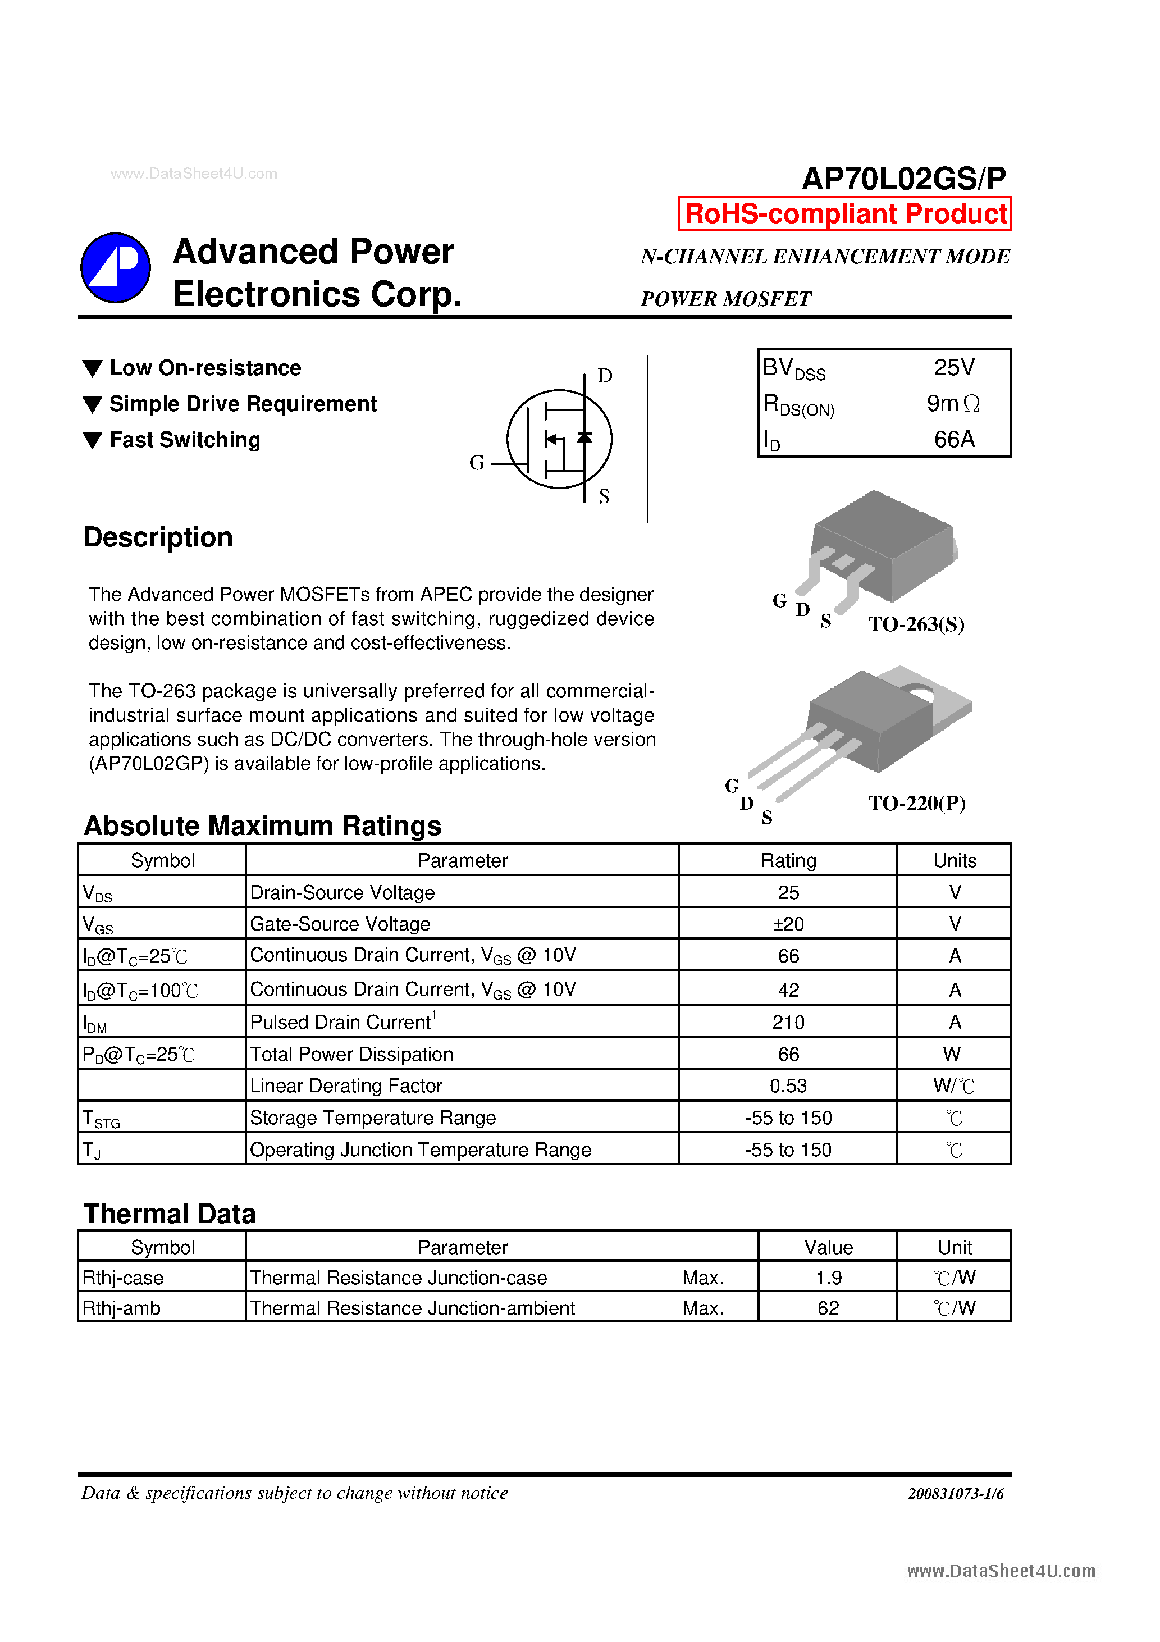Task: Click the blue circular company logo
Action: tap(115, 267)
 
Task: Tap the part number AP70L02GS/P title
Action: tap(903, 178)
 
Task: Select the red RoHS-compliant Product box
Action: tap(844, 214)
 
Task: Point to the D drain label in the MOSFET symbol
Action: tap(604, 376)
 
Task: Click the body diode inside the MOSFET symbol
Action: tap(584, 437)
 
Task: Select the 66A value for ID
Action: tap(954, 439)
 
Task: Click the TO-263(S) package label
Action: tap(916, 624)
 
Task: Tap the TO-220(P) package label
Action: tap(916, 803)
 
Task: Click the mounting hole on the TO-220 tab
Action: tap(920, 693)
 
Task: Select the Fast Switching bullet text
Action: tap(185, 440)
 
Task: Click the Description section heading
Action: tap(158, 537)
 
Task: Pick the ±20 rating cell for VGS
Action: tap(788, 924)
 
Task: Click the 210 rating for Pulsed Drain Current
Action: tap(788, 1022)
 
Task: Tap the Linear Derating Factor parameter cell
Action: tap(346, 1085)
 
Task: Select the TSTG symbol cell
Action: tap(101, 1118)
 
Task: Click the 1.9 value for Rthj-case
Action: tap(828, 1278)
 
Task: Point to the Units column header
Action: tap(954, 860)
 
